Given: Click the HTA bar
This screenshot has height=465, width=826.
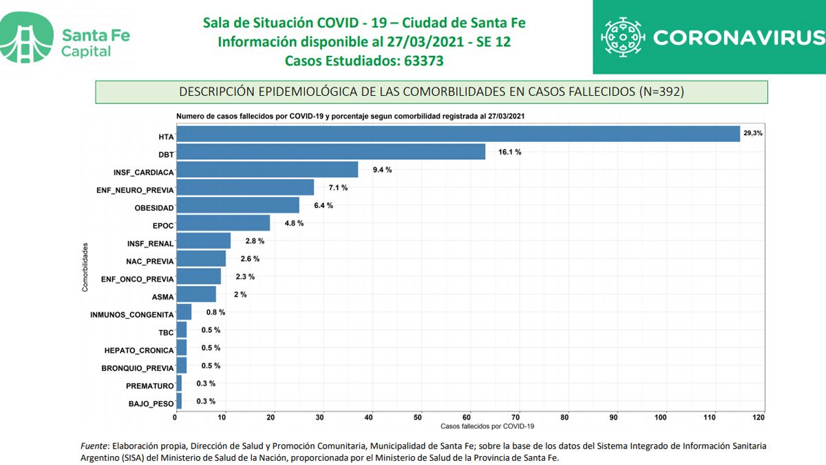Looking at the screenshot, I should [x=458, y=134].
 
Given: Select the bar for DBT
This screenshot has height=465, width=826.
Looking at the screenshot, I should [x=330, y=152].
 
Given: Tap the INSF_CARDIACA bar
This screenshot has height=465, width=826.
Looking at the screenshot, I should [x=267, y=169].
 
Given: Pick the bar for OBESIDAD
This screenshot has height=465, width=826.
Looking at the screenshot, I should [x=237, y=205].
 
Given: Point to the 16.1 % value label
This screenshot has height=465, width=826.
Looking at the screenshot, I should [x=509, y=152].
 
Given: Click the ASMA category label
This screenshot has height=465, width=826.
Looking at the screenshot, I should [x=162, y=297].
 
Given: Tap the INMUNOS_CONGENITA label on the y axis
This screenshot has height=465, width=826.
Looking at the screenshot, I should [x=131, y=315].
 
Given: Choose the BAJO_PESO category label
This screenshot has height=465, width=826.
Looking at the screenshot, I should [x=151, y=404].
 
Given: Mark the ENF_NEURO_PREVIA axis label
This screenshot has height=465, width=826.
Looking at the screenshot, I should [x=135, y=189].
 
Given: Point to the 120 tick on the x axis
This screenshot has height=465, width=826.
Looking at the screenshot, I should [x=759, y=417].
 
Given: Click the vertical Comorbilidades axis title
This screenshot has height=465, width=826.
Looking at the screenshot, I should [x=85, y=267].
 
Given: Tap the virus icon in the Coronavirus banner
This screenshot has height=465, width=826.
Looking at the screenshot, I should [x=623, y=37].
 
